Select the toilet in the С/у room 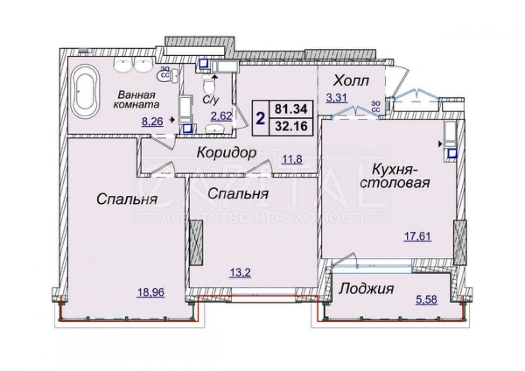(208, 83)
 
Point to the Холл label (351, 81)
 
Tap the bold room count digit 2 (260, 118)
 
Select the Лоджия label (366, 289)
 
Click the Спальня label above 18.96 (127, 200)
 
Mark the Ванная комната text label (137, 100)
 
